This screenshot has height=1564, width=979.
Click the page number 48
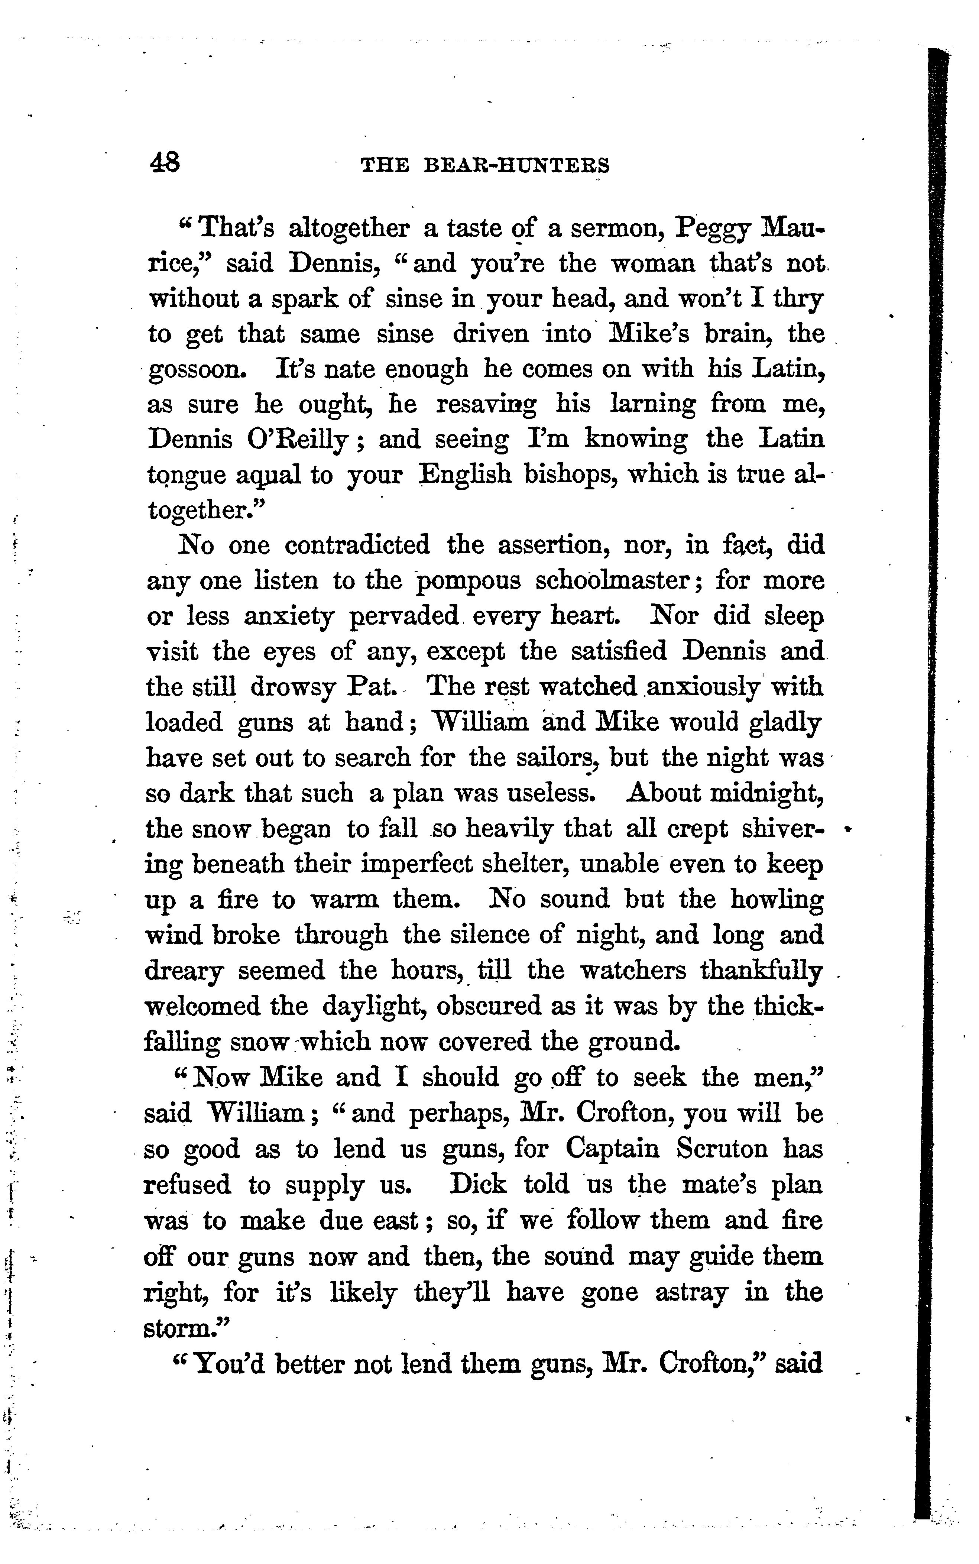point(165,162)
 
